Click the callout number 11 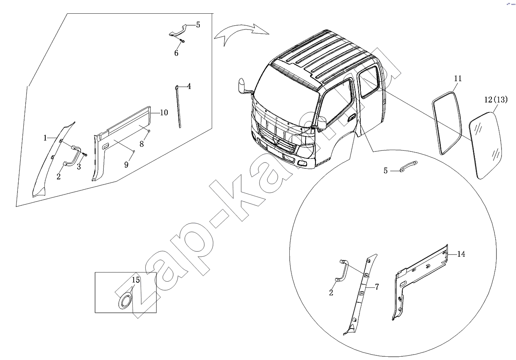click(x=458, y=79)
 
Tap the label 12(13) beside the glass click(x=496, y=100)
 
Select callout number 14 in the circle click(x=461, y=254)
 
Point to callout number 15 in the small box click(x=136, y=280)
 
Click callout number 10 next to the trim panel click(x=164, y=112)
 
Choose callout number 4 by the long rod click(x=189, y=86)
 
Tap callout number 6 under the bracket click(x=176, y=53)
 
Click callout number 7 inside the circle click(x=377, y=287)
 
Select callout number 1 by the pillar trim click(x=45, y=138)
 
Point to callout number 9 click(x=126, y=165)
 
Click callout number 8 click(x=142, y=144)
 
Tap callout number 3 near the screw click(x=79, y=167)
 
